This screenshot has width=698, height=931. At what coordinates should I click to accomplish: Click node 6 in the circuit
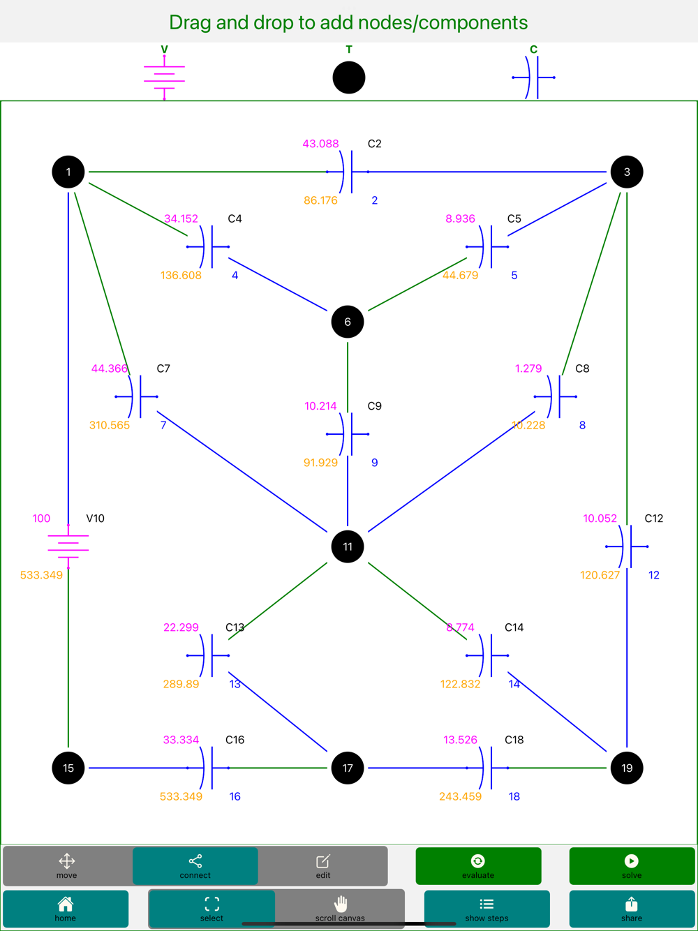coord(348,322)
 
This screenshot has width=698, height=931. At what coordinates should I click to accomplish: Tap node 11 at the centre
coord(348,546)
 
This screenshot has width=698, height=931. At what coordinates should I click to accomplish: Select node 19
coord(627,768)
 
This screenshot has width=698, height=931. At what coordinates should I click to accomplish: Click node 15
coord(68,768)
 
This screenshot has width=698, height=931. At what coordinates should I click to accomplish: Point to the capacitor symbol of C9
coord(348,434)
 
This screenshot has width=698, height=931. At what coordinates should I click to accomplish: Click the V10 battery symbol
coord(68,546)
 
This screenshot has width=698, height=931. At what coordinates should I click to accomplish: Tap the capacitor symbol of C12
coord(627,546)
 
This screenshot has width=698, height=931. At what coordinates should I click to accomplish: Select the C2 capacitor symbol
coord(348,172)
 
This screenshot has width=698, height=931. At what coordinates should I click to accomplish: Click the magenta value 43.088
coord(320,144)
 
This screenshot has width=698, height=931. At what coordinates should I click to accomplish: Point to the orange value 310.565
coord(110,425)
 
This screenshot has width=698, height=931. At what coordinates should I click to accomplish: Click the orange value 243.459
coord(460,796)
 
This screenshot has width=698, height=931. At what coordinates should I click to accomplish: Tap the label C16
coord(235,740)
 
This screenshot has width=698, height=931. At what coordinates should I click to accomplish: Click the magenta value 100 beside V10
coord(41,519)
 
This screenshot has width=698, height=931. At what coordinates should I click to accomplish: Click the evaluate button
coord(478,866)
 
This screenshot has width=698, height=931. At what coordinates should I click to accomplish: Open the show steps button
coord(487,909)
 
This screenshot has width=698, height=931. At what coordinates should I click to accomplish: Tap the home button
coord(66,909)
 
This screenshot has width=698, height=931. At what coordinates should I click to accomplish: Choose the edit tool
coord(323,866)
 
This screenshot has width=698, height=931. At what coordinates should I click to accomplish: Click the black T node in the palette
coord(349,77)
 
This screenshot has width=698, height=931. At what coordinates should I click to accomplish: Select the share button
coord(632,909)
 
